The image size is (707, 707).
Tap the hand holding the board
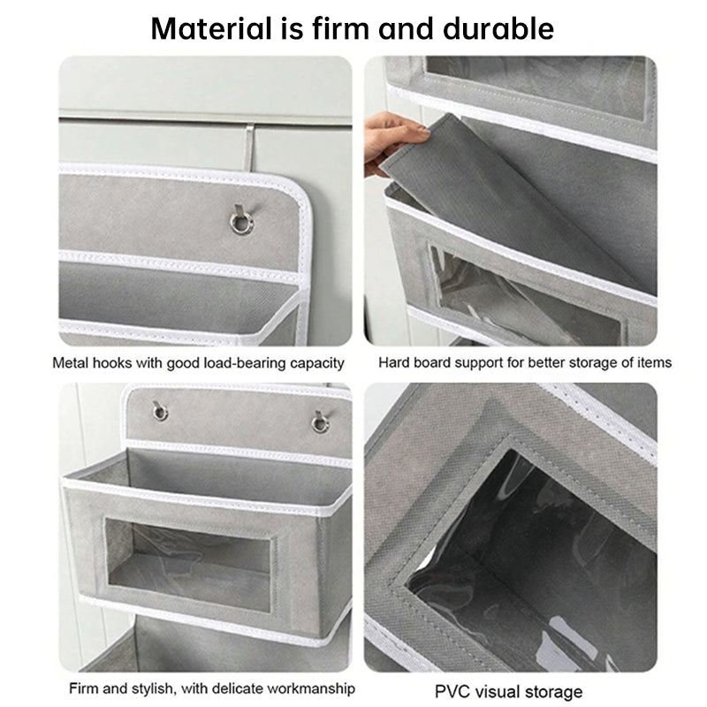click(x=395, y=141)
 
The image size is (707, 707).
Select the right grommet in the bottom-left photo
click(x=319, y=422)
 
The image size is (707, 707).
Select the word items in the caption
click(x=656, y=362)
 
